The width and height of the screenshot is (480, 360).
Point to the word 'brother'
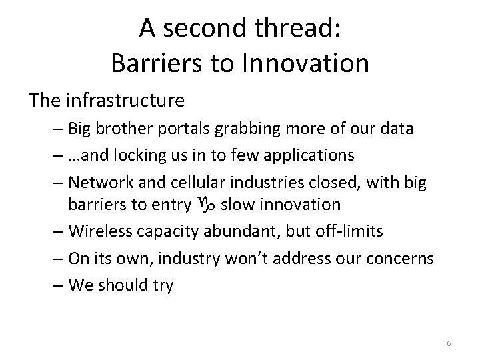coord(135,129)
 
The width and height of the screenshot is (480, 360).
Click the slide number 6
coord(449,343)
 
